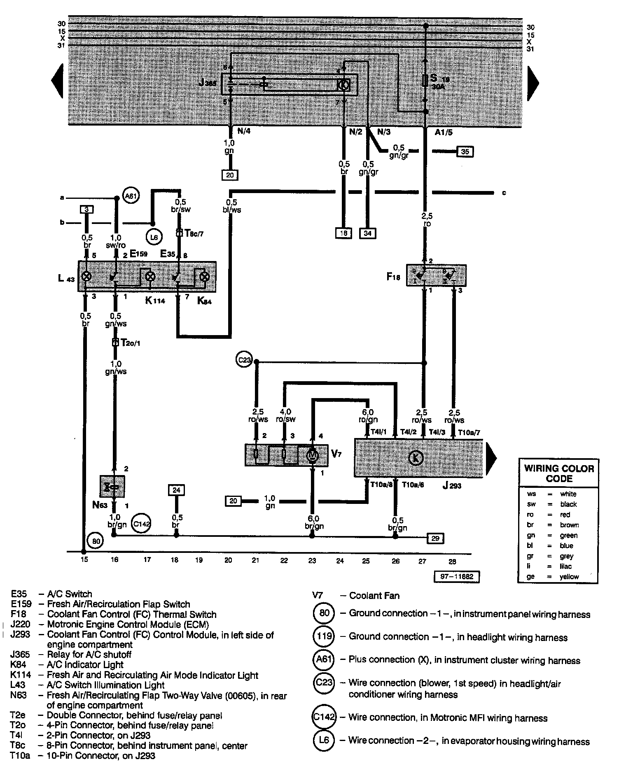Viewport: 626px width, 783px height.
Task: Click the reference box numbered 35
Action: (x=465, y=151)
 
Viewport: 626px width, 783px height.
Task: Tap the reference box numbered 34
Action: (x=367, y=233)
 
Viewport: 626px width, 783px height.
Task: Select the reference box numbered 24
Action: (x=176, y=490)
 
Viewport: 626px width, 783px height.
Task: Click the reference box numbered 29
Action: (x=436, y=538)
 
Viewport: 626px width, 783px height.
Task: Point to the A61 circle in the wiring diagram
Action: (x=131, y=196)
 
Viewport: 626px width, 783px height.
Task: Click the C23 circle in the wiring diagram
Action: (x=244, y=360)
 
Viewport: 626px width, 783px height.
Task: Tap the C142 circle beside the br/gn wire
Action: (x=141, y=524)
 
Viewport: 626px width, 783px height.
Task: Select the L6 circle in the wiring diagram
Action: (x=154, y=237)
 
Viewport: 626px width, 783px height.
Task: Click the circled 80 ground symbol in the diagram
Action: (x=96, y=541)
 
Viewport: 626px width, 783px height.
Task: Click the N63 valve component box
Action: (x=112, y=487)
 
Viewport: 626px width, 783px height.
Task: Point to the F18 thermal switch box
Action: (x=436, y=275)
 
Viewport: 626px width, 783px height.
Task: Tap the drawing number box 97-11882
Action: (x=457, y=576)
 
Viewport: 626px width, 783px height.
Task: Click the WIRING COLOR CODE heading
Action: (x=559, y=473)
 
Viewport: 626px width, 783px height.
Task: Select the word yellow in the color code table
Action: (x=569, y=577)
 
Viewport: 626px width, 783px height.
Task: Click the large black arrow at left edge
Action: (x=57, y=81)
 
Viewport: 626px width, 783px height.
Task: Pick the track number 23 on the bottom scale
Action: (x=312, y=560)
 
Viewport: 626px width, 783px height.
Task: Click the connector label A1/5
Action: (x=444, y=132)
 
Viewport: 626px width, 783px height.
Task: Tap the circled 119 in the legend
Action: (x=324, y=636)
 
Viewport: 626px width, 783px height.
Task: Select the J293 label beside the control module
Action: (x=452, y=486)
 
